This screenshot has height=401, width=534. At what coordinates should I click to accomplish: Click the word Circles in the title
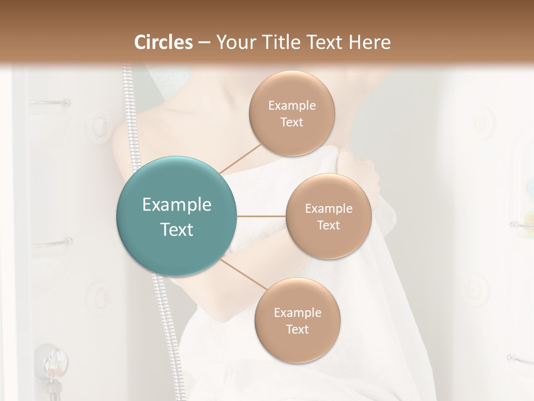pyautogui.click(x=164, y=42)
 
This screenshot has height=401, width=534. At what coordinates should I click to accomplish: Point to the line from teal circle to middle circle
pyautogui.click(x=261, y=216)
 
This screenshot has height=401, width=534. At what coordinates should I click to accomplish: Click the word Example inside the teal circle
pyautogui.click(x=177, y=205)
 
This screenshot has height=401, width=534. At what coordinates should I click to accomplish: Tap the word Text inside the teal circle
pyautogui.click(x=177, y=229)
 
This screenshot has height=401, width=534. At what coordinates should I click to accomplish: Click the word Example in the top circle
pyautogui.click(x=292, y=105)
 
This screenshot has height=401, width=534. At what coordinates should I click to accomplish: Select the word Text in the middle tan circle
pyautogui.click(x=328, y=225)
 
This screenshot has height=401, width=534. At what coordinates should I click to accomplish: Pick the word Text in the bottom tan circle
pyautogui.click(x=297, y=329)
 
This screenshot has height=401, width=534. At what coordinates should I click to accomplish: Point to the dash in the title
pyautogui.click(x=204, y=43)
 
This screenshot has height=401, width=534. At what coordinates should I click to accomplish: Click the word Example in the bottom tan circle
pyautogui.click(x=298, y=312)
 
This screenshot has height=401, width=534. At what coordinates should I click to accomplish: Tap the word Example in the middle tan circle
pyautogui.click(x=329, y=208)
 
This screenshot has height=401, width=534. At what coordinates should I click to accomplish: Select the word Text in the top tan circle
pyautogui.click(x=291, y=122)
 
